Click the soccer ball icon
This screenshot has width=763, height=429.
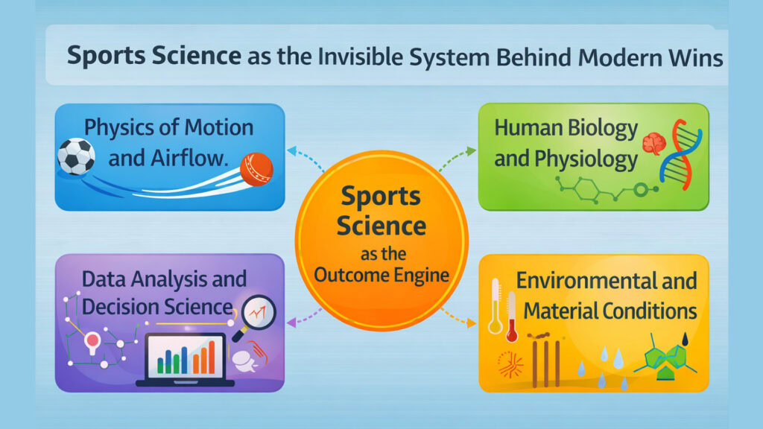point(76,155)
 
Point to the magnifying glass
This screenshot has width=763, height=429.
point(257,314)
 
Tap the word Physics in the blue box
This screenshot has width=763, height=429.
point(121,127)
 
